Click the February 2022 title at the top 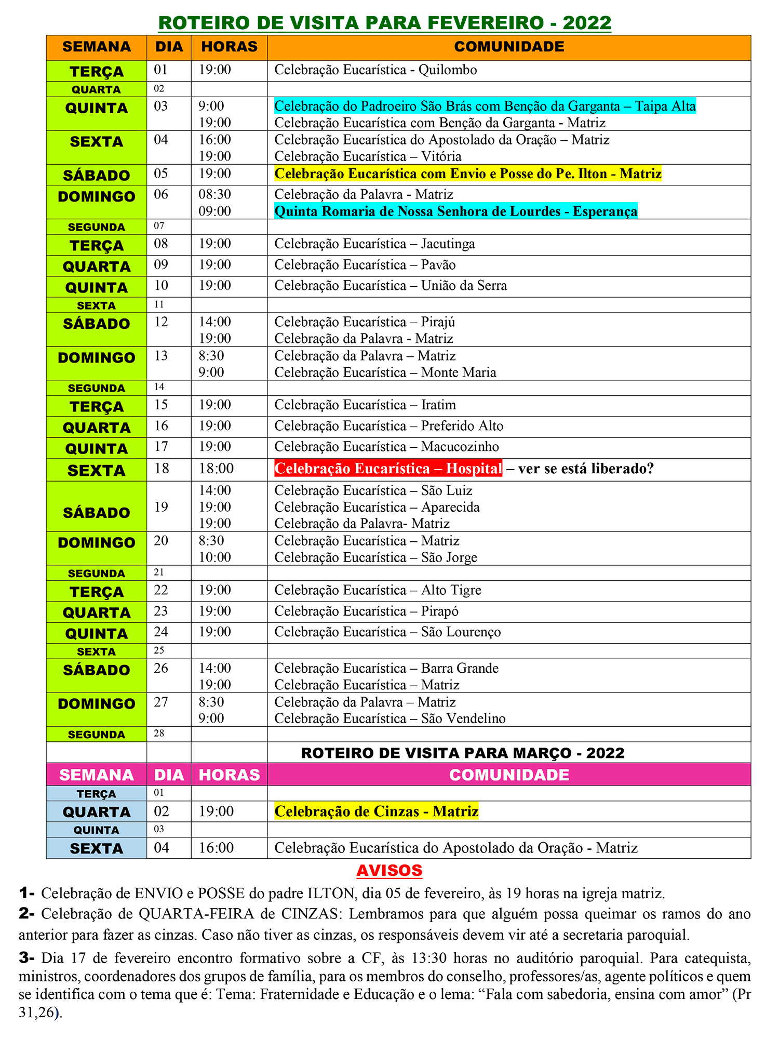(x=384, y=23)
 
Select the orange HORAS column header (x=229, y=47)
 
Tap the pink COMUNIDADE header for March (x=509, y=775)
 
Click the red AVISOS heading (x=389, y=870)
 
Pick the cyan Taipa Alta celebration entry (x=485, y=106)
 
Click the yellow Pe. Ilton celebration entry (x=468, y=174)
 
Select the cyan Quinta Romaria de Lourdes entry (x=455, y=211)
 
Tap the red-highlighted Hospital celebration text (x=388, y=469)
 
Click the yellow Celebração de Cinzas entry (x=376, y=811)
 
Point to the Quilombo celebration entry (x=375, y=70)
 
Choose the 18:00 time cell (x=216, y=469)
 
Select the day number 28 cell (x=159, y=734)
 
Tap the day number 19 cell (x=161, y=507)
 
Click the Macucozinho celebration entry (x=386, y=447)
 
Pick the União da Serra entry (x=391, y=286)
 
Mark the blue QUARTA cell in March (x=97, y=812)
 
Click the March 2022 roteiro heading (x=462, y=753)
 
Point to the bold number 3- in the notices (x=26, y=957)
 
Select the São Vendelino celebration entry (x=389, y=718)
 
